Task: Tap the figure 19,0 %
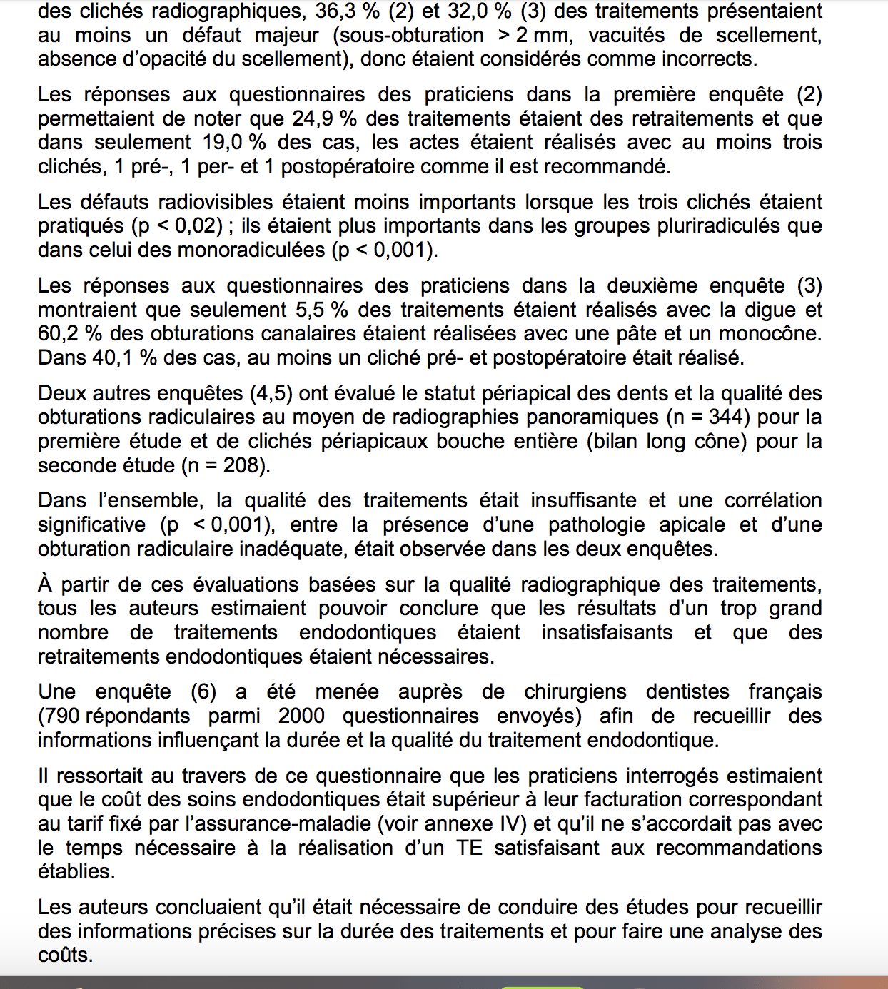click(234, 142)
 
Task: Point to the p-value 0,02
click(193, 226)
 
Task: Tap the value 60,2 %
click(71, 334)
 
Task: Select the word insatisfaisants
click(606, 633)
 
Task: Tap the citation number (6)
click(203, 692)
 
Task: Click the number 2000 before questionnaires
click(301, 716)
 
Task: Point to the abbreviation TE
click(469, 848)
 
